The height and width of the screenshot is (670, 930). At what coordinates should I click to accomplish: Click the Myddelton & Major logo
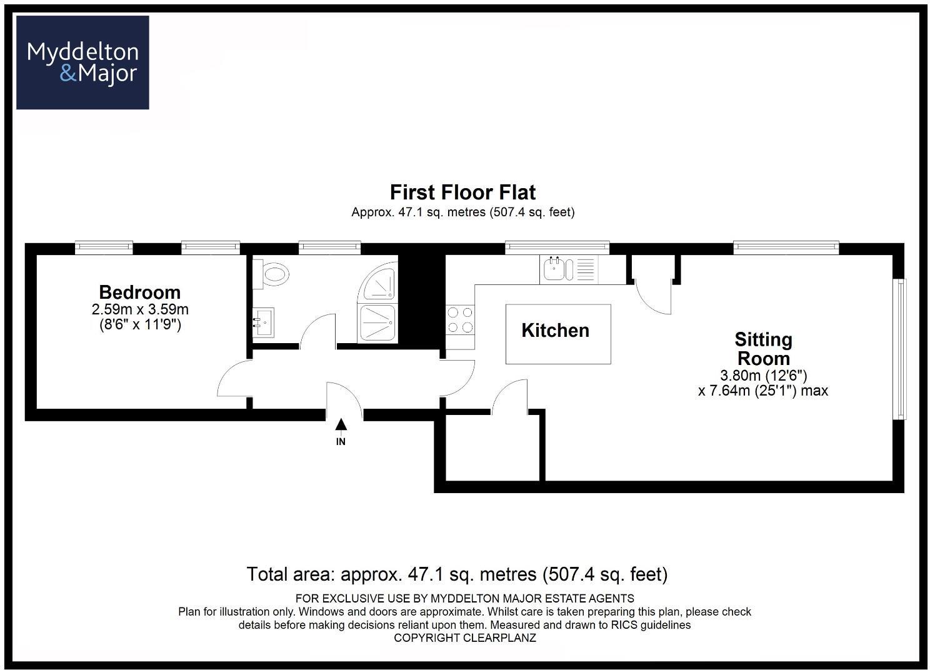tap(82, 62)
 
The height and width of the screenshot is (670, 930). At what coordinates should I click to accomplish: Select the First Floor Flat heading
tap(462, 192)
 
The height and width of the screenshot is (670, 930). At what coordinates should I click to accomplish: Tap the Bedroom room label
tap(139, 292)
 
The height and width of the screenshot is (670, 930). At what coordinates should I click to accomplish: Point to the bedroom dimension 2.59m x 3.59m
tap(139, 309)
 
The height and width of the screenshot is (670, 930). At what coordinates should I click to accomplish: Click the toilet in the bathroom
tap(273, 274)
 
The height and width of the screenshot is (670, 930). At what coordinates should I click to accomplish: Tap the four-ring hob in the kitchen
tap(460, 319)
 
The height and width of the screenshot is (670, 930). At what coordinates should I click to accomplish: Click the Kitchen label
tap(555, 331)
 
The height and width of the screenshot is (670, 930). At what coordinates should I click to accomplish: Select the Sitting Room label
tap(763, 349)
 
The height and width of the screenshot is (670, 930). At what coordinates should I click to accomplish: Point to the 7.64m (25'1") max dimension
tap(762, 391)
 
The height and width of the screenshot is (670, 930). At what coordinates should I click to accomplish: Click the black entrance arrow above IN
tap(341, 425)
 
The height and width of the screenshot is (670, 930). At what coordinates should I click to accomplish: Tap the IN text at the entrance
tap(341, 442)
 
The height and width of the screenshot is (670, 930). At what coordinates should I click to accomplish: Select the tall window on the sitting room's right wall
tap(900, 348)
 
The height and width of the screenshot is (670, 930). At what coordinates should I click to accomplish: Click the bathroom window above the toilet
tap(329, 247)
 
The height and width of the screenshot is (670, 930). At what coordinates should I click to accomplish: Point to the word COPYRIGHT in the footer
tap(427, 638)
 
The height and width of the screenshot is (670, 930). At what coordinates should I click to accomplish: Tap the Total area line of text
tap(457, 574)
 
